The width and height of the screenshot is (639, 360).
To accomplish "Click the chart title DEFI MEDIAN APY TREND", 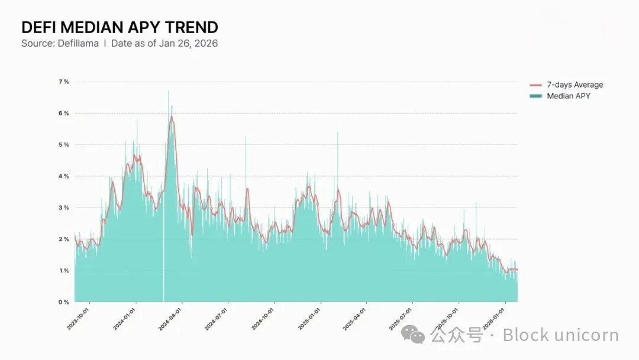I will point(120,27).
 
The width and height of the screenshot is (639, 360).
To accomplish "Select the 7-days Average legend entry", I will point(574,85).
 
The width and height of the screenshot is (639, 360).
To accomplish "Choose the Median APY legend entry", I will point(568,96).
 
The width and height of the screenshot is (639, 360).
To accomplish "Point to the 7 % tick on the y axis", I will point(63,82).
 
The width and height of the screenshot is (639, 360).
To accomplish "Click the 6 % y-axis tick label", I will point(63,113).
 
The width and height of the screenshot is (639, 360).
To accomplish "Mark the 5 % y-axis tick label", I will point(63,144).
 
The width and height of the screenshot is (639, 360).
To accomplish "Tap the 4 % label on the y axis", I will point(63,176).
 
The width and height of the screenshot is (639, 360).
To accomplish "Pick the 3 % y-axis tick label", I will point(63,207).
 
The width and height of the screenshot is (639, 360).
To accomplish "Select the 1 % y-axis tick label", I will point(63,271).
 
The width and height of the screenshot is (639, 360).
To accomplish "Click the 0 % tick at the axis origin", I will point(63,302).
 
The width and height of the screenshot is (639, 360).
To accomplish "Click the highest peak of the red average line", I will point(172,117).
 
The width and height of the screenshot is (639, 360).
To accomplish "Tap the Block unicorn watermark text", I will point(560,336).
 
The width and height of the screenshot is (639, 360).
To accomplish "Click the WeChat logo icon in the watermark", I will point(412,335).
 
